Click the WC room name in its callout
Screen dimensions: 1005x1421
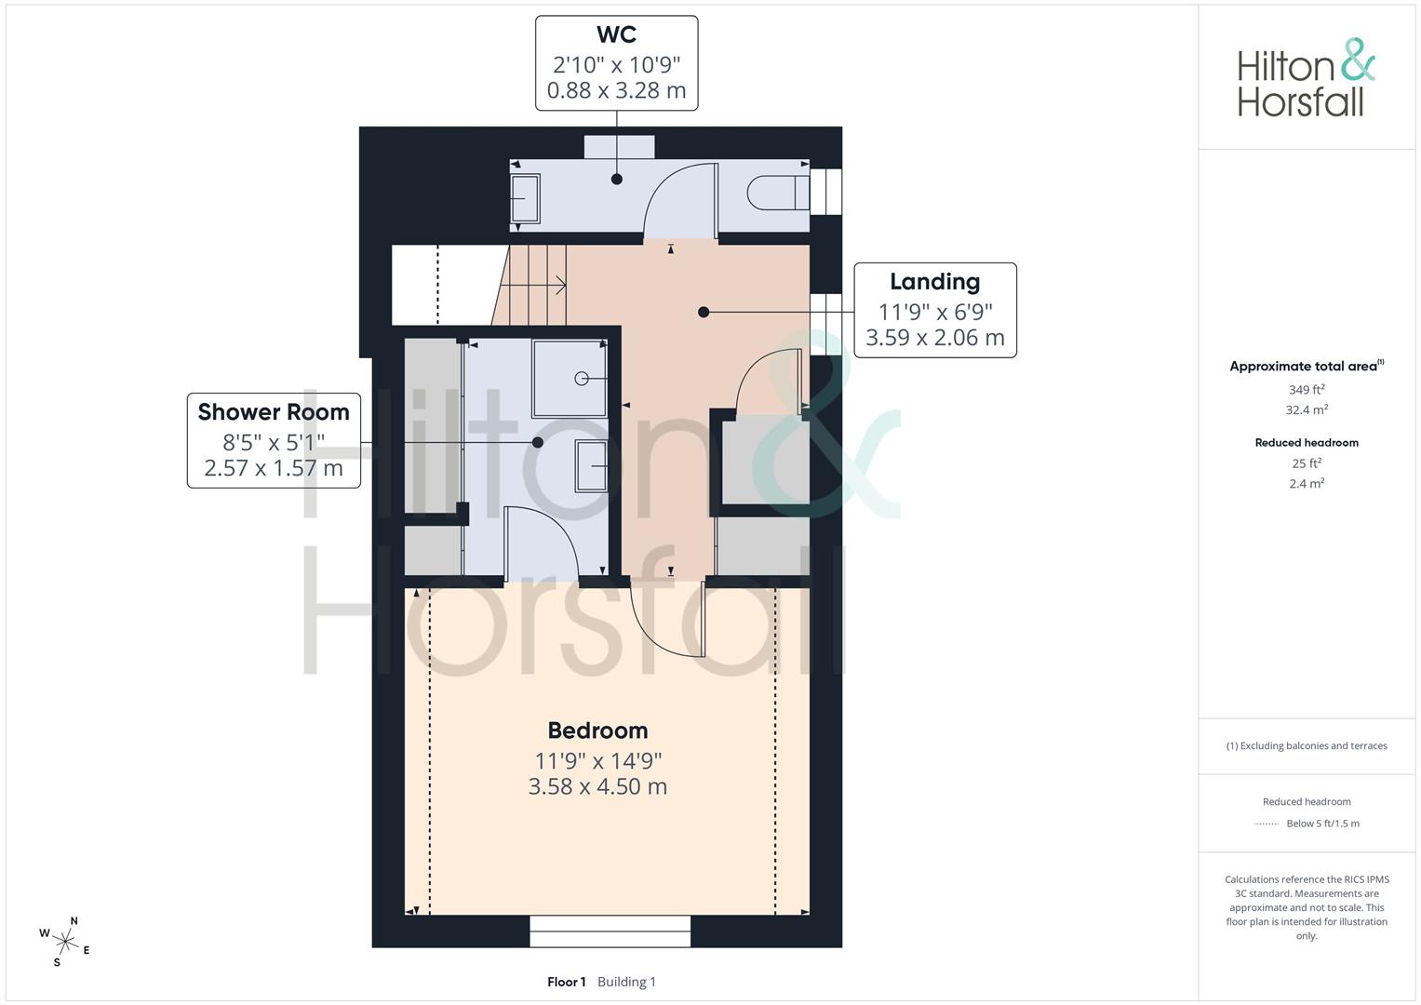click(x=616, y=35)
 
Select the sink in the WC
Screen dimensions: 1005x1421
click(x=526, y=198)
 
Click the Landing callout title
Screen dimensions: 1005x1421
click(x=934, y=282)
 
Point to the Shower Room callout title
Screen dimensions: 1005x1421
click(x=274, y=412)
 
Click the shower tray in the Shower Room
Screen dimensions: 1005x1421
click(x=570, y=378)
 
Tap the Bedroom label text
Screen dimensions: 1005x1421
click(x=597, y=730)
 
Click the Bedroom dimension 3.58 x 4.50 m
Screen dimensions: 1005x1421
click(x=597, y=787)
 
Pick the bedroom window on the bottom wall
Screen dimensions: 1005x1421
click(x=610, y=931)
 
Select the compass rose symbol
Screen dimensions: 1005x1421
click(x=66, y=942)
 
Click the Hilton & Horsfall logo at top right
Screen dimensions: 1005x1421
click(x=1306, y=78)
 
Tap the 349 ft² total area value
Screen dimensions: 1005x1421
click(x=1307, y=390)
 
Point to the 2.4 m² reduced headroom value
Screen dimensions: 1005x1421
click(x=1307, y=484)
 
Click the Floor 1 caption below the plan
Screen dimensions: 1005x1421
click(x=566, y=982)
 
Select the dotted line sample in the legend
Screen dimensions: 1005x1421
click(x=1266, y=824)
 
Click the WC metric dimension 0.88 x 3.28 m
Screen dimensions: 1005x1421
click(x=616, y=91)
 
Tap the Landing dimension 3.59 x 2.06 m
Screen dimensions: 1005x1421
click(x=934, y=338)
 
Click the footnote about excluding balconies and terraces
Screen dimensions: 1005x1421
click(x=1307, y=746)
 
